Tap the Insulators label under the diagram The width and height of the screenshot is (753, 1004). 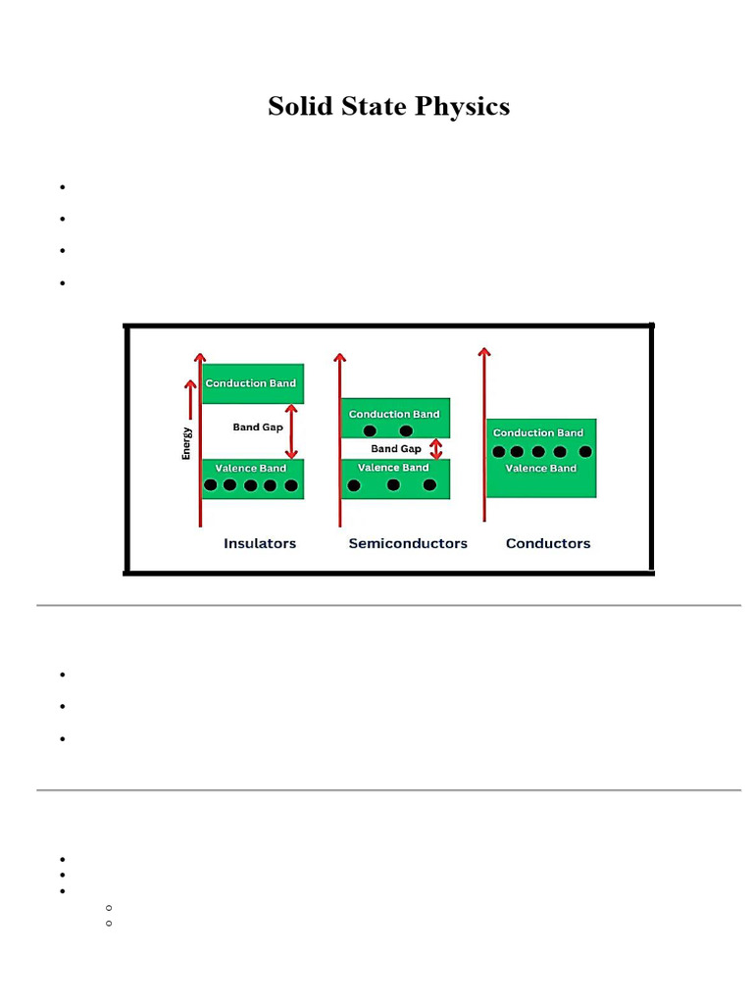pyautogui.click(x=260, y=543)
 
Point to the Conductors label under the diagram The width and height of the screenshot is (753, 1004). pyautogui.click(x=548, y=543)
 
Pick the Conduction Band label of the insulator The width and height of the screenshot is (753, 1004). pyautogui.click(x=250, y=383)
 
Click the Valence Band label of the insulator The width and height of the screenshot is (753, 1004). pyautogui.click(x=251, y=469)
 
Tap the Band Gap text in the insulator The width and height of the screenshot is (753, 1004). pyautogui.click(x=258, y=427)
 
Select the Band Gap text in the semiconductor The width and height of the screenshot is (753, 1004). pyautogui.click(x=396, y=449)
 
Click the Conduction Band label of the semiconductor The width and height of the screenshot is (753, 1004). pyautogui.click(x=394, y=415)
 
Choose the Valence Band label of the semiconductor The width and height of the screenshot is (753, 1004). pyautogui.click(x=393, y=468)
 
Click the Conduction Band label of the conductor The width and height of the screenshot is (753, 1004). pyautogui.click(x=538, y=433)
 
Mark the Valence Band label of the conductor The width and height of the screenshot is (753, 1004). pyautogui.click(x=541, y=469)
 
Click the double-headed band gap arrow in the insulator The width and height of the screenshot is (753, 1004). pyautogui.click(x=290, y=431)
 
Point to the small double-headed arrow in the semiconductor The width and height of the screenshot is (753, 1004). pyautogui.click(x=436, y=449)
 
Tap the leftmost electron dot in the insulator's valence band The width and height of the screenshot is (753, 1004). pyautogui.click(x=211, y=484)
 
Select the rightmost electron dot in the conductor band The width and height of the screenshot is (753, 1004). pyautogui.click(x=585, y=452)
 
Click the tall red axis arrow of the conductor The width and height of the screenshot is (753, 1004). pyautogui.click(x=483, y=431)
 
